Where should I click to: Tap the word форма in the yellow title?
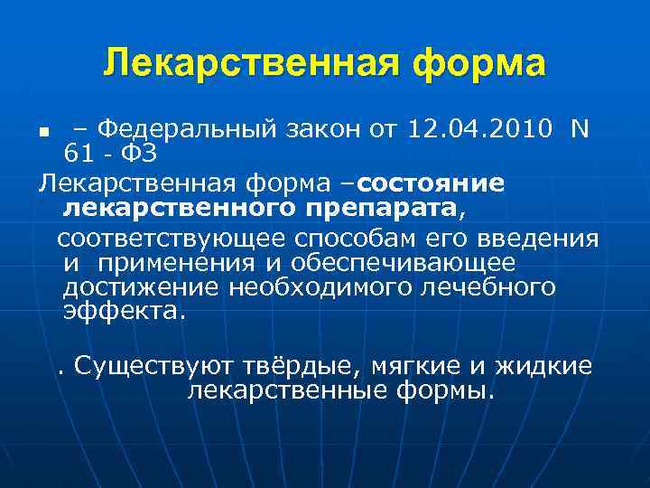(477, 65)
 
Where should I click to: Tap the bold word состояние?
(431, 183)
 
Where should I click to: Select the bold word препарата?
(385, 210)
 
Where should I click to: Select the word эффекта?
(124, 312)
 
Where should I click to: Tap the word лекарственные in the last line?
(286, 390)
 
